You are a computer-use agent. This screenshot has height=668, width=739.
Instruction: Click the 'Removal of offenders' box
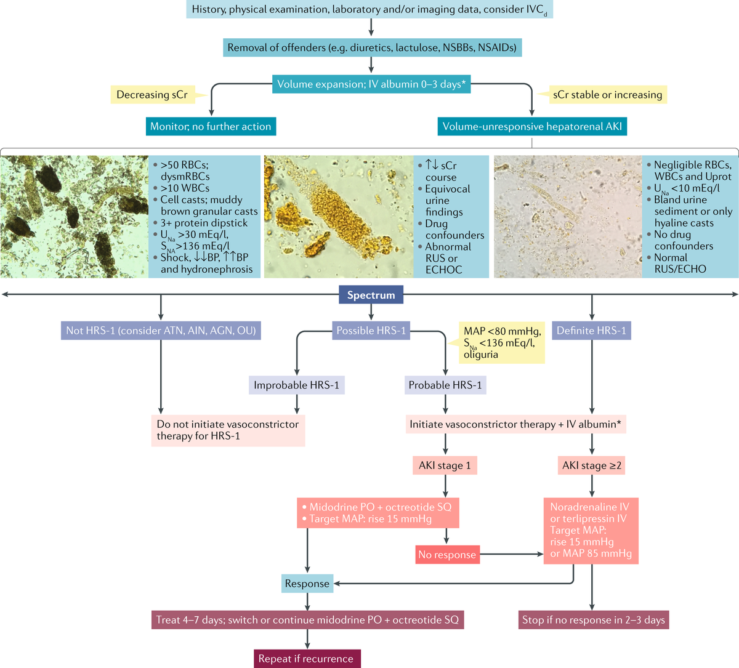click(372, 47)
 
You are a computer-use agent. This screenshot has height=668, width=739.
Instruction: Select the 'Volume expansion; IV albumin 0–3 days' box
click(371, 84)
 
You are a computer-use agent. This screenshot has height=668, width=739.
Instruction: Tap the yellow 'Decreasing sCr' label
click(151, 95)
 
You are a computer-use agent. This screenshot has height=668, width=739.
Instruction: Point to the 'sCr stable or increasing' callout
click(607, 95)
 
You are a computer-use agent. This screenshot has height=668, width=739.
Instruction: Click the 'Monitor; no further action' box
click(211, 126)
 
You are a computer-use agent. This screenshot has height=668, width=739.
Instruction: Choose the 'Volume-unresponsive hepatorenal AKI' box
click(532, 126)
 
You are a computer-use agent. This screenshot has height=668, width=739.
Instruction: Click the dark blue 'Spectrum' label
click(371, 295)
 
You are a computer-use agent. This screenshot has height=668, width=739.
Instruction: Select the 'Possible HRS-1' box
click(371, 331)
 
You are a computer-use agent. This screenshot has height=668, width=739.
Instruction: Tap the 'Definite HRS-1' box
click(591, 331)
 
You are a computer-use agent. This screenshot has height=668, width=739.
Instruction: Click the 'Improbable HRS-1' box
click(296, 385)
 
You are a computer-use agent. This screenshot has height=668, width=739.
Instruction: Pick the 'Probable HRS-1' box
click(445, 385)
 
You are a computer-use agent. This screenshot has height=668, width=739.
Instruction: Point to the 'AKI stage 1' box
click(445, 465)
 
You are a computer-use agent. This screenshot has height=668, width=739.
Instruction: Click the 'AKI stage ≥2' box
click(592, 465)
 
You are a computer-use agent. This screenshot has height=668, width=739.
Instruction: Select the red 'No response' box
click(447, 555)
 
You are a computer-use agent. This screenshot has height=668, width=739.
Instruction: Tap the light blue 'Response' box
click(307, 583)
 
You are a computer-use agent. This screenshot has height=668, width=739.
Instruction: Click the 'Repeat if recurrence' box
click(306, 658)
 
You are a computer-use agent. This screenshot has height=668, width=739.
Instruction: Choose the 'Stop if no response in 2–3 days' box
click(594, 620)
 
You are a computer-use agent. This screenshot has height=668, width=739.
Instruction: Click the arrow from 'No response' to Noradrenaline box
click(511, 554)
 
